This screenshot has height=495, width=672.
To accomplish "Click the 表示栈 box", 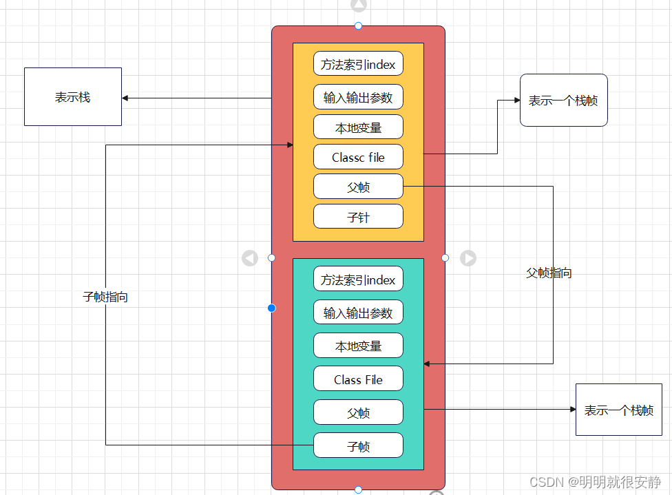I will point(72,97).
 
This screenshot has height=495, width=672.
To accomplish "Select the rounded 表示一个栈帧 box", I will point(563,101).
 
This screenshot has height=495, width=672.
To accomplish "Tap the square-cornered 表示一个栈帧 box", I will point(618,410).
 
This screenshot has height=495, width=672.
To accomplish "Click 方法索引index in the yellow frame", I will point(358,64).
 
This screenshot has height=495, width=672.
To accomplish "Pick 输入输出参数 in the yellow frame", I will point(358,97).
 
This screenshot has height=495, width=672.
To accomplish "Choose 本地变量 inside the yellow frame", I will point(358,127).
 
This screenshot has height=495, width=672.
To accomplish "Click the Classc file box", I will point(358,157).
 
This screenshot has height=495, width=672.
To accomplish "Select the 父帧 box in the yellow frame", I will point(358,187).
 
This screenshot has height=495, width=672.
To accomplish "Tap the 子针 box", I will point(358,217).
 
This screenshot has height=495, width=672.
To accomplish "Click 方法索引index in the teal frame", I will point(358,280).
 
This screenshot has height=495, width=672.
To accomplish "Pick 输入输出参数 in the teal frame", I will point(358,313).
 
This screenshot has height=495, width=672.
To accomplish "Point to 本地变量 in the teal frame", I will point(358,346).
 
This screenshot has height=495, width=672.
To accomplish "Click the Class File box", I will point(358,379).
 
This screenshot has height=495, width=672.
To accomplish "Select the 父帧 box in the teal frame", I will point(358,412).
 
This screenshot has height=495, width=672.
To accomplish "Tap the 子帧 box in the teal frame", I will point(358,445).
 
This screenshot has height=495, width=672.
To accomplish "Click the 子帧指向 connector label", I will point(105,297).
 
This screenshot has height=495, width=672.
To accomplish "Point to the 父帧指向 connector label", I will point(549,273).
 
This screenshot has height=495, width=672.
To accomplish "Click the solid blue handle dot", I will point(271,308).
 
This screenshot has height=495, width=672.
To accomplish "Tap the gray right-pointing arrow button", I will point(468,257).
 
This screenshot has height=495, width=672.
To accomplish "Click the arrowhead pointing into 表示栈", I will point(126,98).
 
